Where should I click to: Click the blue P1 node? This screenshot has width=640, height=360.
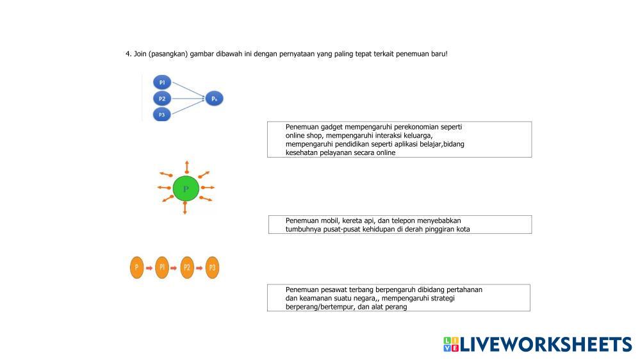(x=162, y=82)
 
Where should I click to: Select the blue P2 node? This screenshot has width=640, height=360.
(x=162, y=99)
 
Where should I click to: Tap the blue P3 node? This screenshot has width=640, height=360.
(x=162, y=115)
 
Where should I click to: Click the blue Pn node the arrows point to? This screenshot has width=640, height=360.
(x=214, y=99)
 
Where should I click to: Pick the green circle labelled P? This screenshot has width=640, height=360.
(x=186, y=189)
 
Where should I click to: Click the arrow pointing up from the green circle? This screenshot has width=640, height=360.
(x=186, y=167)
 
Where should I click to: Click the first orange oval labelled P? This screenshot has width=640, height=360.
(x=136, y=267)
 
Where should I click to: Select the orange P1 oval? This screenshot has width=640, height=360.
(x=162, y=267)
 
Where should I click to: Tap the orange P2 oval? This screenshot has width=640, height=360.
(x=187, y=267)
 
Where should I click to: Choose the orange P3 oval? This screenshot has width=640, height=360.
(x=213, y=267)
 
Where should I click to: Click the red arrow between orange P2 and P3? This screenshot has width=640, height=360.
(x=200, y=268)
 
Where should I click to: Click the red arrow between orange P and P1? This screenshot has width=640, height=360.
(x=149, y=268)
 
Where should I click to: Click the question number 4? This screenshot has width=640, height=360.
(x=127, y=54)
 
